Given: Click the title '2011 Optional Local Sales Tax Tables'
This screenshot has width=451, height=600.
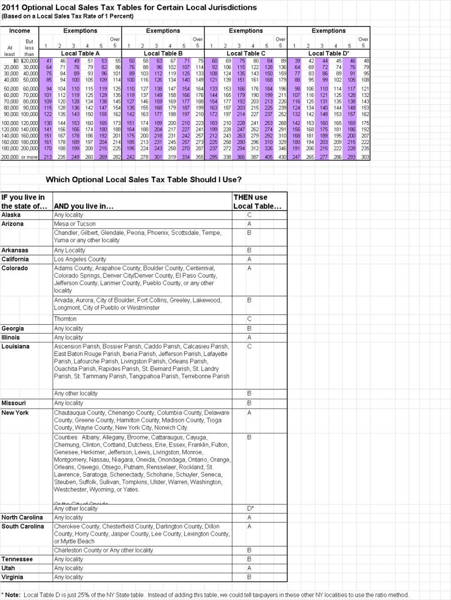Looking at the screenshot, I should tap(129, 8).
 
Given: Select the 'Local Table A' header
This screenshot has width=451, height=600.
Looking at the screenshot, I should tap(80, 53).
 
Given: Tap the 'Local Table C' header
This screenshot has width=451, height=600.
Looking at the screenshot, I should tap(246, 53).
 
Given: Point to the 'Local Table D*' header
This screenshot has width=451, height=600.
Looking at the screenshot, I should tap(329, 53).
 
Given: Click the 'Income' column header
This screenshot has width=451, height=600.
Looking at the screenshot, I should tap(20, 31).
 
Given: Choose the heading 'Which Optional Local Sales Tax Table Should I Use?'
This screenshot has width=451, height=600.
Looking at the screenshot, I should tap(144, 180).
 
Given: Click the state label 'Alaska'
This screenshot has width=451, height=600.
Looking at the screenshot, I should tap(11, 215).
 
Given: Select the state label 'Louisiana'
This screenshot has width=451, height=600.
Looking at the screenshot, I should tap(16, 346).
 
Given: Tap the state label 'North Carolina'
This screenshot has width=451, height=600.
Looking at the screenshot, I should tap(22, 518).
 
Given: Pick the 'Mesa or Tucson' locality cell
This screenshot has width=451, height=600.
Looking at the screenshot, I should tap(75, 224).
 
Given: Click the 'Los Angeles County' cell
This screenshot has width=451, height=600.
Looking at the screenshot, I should tap(80, 259).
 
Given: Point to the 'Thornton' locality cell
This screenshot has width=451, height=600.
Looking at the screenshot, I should tap(65, 319).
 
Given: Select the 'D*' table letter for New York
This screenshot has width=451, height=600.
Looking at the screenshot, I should tap(250, 509).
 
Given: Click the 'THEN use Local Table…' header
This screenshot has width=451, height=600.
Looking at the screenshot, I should tap(257, 202).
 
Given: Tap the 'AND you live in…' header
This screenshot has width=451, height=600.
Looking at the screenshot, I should tap(84, 206).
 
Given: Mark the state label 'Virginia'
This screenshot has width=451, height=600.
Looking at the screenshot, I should tap(12, 577).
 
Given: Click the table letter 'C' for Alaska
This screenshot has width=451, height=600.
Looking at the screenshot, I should tap(249, 215).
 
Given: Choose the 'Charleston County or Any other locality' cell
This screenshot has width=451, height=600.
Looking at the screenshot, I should tap(103, 550).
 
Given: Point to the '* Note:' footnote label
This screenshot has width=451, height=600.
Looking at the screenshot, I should tap(11, 595).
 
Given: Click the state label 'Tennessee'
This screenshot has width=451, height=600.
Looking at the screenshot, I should tap(17, 559).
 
